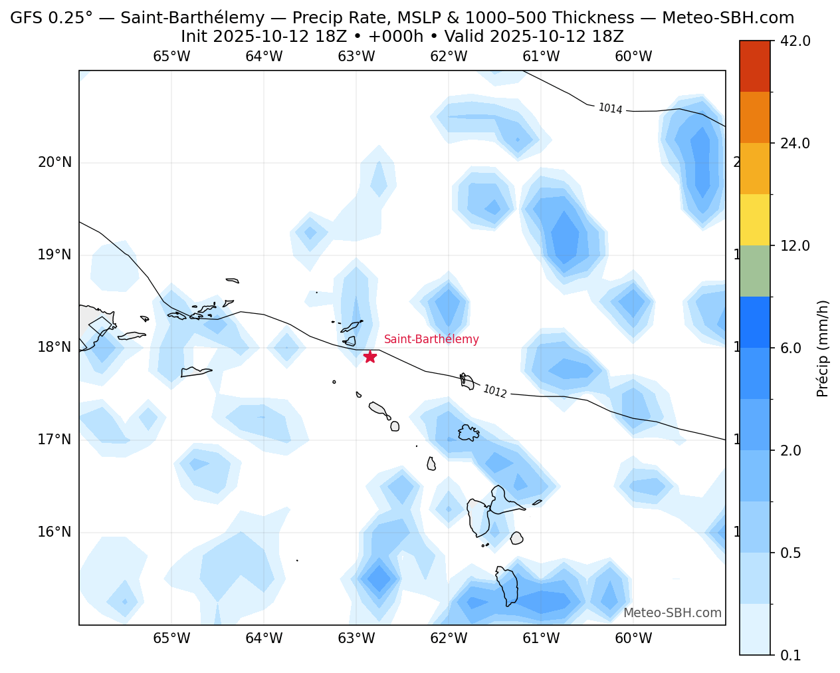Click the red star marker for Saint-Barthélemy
(x=370, y=356)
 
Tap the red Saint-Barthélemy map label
(x=431, y=339)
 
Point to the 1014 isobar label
(x=610, y=108)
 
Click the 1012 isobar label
(x=494, y=392)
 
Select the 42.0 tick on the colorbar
(x=795, y=41)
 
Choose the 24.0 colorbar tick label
(x=795, y=144)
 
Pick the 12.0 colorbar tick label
(x=795, y=246)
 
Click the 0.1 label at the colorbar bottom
(x=790, y=656)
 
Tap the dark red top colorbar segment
(x=754, y=66)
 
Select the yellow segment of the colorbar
(x=754, y=219)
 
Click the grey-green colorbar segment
(x=754, y=271)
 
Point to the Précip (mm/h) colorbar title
(x=823, y=348)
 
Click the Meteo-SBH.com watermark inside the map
(x=672, y=613)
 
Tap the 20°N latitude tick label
(x=54, y=163)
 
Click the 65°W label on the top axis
(x=171, y=57)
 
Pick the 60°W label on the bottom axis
(x=633, y=639)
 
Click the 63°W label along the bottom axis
(x=356, y=639)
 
